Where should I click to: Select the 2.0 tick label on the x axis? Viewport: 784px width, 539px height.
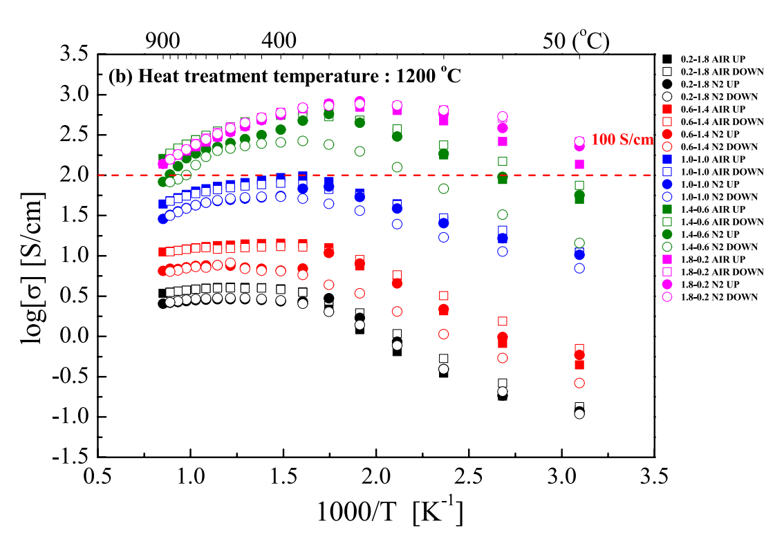click(x=375, y=477)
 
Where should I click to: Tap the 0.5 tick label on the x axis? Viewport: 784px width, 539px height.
click(x=96, y=477)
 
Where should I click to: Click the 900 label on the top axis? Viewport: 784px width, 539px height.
click(x=165, y=41)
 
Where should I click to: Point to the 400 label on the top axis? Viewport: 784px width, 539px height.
click(x=281, y=41)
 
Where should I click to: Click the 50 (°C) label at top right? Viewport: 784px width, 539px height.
click(x=575, y=41)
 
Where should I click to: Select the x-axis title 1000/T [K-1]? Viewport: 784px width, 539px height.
click(x=389, y=512)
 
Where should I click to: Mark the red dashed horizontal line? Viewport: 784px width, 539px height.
click(x=415, y=175)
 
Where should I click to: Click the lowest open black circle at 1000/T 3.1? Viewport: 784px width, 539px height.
click(x=579, y=413)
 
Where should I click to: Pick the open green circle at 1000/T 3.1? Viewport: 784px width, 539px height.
click(x=579, y=243)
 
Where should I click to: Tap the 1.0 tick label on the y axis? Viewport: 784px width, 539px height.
click(x=73, y=256)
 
